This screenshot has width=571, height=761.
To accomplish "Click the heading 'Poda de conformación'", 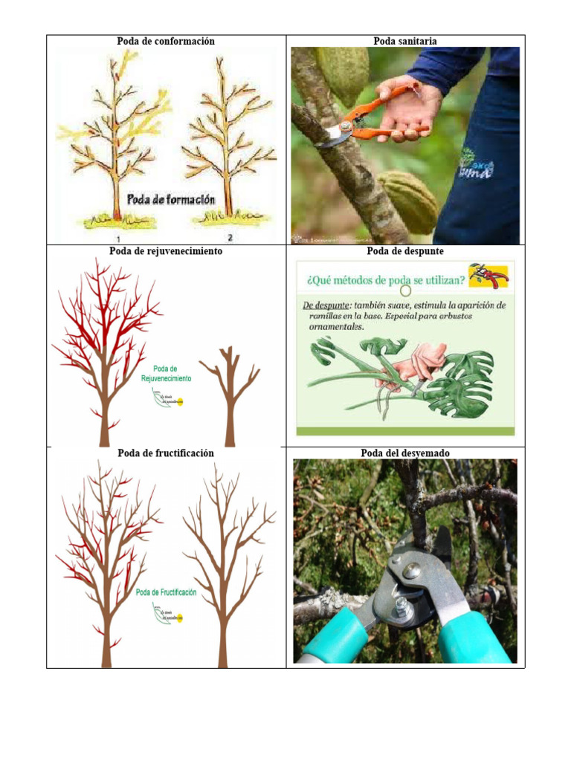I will pos(166,41).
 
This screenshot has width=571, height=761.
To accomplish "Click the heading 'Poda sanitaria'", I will pos(405,41).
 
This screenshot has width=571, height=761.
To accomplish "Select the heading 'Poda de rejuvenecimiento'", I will pos(166,251).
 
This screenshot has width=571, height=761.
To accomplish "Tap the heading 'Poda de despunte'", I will pos(405,251).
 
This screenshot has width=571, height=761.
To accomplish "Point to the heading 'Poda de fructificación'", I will pos(166,453).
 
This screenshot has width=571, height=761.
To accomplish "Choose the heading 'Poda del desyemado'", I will pos(405,453).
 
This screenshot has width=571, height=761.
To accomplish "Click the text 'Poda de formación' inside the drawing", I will pos(170,199).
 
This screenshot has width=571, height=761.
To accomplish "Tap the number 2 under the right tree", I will pos(230,238).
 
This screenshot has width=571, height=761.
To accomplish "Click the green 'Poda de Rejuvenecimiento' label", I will pos(166,373).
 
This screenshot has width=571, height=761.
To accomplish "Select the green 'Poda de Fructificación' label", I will pos(166,592).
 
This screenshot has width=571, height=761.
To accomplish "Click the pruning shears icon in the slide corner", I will pos(488,276).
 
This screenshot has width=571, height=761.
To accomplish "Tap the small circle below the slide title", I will pos(405,291).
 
